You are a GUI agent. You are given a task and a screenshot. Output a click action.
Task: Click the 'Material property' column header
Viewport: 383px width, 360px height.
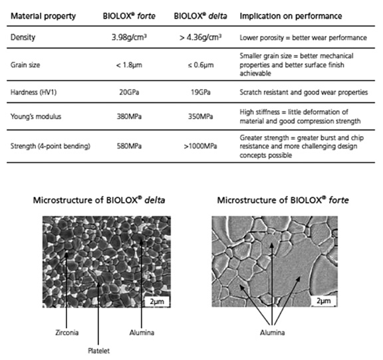[43, 16]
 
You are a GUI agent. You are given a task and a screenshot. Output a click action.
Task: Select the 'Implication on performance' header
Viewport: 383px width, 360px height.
[291, 16]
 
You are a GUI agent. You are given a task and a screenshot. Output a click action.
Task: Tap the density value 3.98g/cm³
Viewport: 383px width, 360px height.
[129, 37]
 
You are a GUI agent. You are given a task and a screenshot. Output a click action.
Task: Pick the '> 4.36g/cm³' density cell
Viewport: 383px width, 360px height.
[201, 37]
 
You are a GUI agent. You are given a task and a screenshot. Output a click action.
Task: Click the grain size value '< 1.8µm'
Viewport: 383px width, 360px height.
[129, 65]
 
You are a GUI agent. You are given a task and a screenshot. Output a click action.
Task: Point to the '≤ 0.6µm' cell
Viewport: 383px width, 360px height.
[201, 65]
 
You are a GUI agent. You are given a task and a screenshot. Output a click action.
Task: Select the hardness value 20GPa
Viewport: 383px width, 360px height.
[129, 92]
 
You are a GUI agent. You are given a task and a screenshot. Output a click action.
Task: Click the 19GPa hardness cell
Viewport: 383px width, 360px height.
[201, 92]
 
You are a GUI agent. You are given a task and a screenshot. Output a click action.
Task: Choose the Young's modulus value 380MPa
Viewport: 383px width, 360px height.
[129, 116]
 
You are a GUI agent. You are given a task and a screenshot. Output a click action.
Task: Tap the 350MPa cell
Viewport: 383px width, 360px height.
[201, 116]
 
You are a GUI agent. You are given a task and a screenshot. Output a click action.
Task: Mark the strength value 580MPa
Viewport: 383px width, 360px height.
[129, 146]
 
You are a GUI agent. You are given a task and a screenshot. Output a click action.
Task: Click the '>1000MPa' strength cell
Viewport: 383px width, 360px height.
[201, 146]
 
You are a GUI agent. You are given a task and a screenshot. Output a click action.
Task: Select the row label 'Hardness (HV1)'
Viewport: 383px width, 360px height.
[33, 92]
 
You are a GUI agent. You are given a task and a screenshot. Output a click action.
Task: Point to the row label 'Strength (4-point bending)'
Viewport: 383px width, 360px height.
[51, 146]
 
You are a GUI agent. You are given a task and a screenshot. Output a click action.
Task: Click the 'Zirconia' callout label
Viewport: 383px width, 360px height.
[67, 332]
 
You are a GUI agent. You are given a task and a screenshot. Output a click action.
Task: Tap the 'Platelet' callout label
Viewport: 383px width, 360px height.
[98, 351]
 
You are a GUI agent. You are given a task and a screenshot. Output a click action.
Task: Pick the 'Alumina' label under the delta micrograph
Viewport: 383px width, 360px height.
[142, 332]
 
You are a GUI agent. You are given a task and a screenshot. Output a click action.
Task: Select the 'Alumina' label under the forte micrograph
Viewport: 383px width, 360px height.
[273, 332]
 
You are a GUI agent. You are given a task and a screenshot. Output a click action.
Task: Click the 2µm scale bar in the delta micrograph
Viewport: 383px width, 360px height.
[157, 302]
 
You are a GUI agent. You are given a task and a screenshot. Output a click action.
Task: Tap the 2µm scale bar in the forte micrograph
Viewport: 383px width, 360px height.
[324, 301]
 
